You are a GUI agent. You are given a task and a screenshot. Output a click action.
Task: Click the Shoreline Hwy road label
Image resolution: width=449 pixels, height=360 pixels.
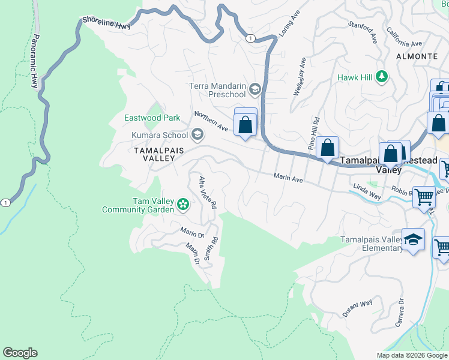click(106, 22)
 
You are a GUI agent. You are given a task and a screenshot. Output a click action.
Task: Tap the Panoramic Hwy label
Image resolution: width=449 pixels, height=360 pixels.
click(35, 61)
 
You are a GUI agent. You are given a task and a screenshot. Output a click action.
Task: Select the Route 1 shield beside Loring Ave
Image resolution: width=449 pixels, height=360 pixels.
click(249, 38)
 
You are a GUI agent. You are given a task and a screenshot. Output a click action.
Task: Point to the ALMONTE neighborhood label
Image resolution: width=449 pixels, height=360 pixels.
click(417, 56)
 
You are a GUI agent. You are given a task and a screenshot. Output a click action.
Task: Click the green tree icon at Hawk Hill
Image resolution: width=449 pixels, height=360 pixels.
click(381, 77)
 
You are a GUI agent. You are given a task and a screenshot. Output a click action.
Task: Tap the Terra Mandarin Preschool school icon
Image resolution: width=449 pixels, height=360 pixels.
click(255, 90)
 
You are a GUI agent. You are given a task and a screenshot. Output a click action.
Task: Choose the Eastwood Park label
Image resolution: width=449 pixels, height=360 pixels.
click(152, 118)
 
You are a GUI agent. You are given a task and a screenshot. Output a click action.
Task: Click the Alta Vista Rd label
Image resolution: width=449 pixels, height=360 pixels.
click(207, 191)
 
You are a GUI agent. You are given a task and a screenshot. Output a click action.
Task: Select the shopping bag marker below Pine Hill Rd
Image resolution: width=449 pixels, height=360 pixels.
click(328, 148)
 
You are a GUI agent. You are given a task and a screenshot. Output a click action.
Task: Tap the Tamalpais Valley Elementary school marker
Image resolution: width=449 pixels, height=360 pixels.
click(413, 240)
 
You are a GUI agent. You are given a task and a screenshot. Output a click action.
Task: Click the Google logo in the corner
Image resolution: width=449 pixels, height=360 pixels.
click(20, 353)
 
